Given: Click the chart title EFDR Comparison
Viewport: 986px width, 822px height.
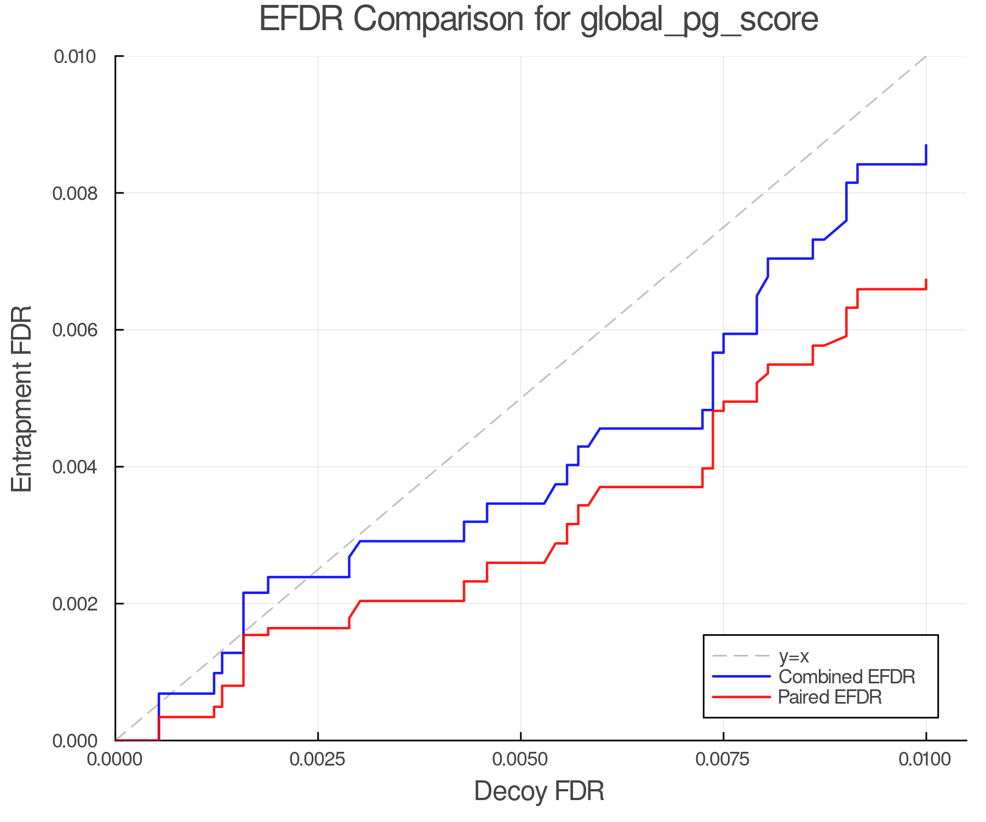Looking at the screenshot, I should coord(538,19).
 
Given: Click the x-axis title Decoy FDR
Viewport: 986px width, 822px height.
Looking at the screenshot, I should coord(539,791).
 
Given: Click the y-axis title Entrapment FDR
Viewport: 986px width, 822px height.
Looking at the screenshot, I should coord(22,398).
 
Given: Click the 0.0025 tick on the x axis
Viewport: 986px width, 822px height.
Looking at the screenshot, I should coord(318,760).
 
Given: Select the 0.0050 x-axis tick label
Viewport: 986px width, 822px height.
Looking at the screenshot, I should coord(520,760).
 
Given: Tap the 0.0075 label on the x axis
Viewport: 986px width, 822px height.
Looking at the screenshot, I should coord(723,760).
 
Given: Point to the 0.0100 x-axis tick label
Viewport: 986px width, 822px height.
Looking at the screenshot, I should coord(926,760).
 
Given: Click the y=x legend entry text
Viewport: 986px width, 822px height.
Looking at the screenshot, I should coord(794,656).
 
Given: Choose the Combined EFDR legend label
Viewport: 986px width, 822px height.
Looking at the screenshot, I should coord(847,677).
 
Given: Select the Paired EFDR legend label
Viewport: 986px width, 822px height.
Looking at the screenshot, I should coord(830,697).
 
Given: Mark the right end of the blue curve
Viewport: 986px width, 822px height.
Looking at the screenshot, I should coord(926,146).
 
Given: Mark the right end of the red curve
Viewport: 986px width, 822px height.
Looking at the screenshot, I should coord(926,280).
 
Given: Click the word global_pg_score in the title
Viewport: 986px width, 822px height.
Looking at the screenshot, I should coord(699,20).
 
